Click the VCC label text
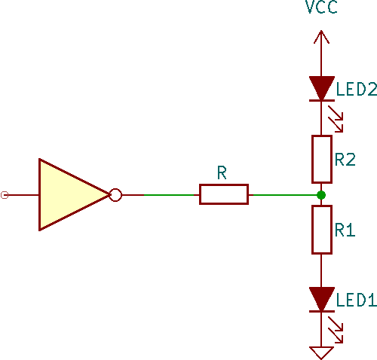tap(321, 9)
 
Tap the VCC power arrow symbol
tap(322, 38)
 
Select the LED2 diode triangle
tap(322, 87)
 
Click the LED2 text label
tap(356, 90)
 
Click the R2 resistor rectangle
tap(322, 159)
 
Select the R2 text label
tap(345, 160)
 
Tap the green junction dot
tap(322, 195)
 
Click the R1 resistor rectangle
tap(322, 230)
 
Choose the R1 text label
tap(345, 230)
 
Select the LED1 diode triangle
tap(322, 298)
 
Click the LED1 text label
tap(356, 301)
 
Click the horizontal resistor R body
tap(223, 195)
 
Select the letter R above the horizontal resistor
tap(222, 173)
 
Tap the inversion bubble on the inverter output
tap(115, 195)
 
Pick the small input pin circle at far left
tap(5, 195)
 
